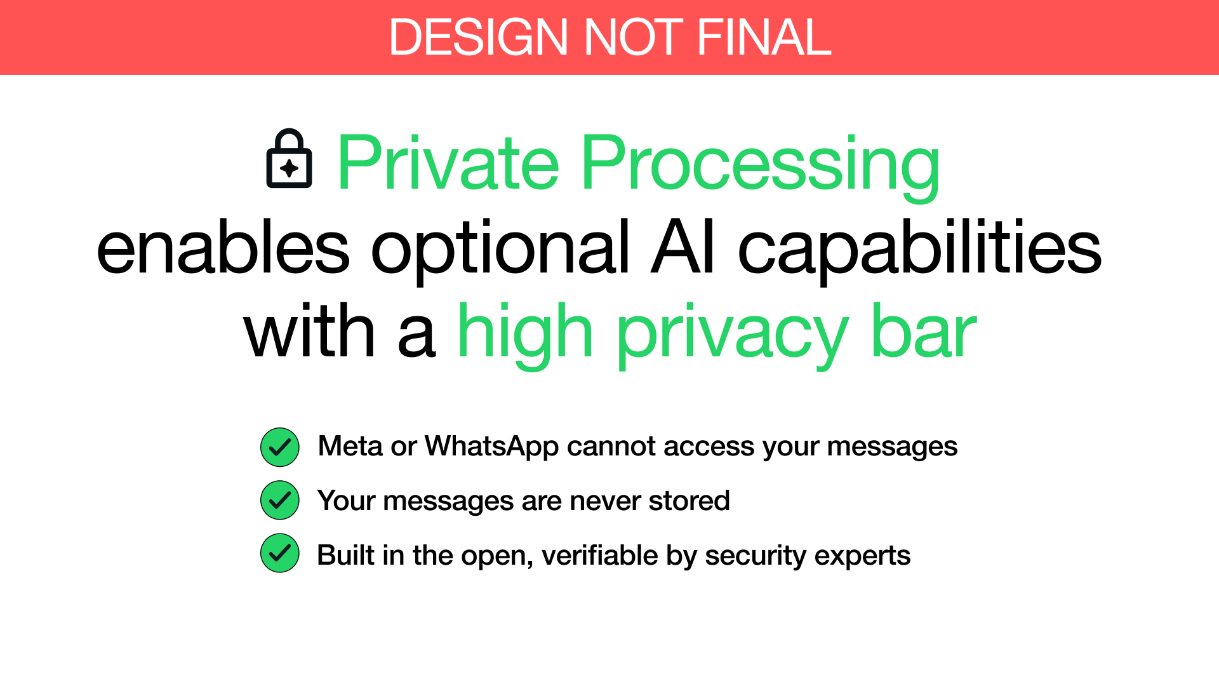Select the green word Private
[x=448, y=162]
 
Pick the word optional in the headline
[x=500, y=252]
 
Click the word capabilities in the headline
[x=920, y=252]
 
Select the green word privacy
[x=733, y=336]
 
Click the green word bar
[x=924, y=330]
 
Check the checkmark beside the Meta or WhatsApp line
[x=280, y=447]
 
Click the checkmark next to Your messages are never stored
[x=280, y=501]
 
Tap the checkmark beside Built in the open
[x=280, y=553]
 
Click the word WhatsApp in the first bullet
[x=491, y=447]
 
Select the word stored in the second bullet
[x=689, y=501]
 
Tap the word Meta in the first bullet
[x=350, y=446]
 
